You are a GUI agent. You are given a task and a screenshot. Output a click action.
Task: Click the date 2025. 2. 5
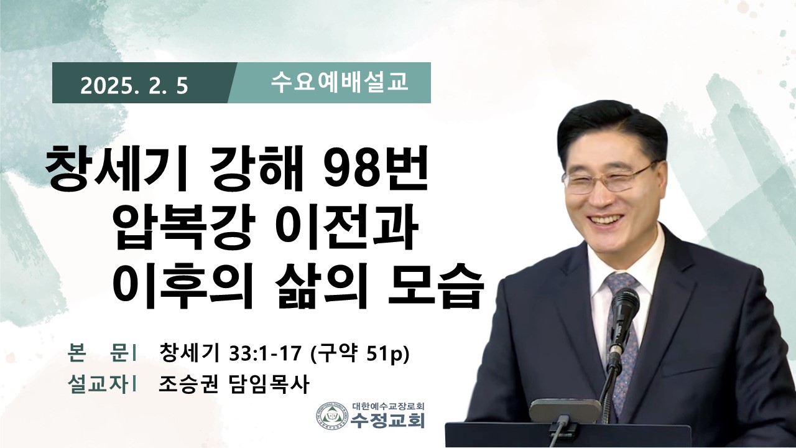click(x=134, y=86)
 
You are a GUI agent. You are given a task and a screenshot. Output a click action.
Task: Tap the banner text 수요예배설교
click(x=340, y=83)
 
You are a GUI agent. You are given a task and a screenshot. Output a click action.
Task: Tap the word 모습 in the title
click(x=436, y=286)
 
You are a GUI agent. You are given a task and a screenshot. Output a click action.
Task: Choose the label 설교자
click(x=97, y=385)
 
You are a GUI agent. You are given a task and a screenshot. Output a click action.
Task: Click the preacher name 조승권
click(x=188, y=385)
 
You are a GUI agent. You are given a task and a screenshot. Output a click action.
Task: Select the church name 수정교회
click(x=387, y=421)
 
